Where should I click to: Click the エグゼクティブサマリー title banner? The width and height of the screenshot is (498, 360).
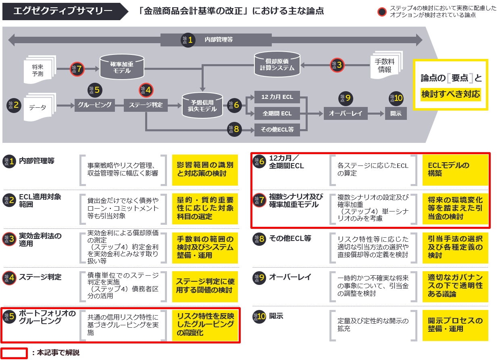coord(63,11)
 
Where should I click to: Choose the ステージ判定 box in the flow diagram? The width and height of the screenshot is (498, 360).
coord(146,105)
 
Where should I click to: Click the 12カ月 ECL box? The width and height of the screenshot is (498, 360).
coord(277,97)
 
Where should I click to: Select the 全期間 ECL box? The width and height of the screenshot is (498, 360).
coord(277,113)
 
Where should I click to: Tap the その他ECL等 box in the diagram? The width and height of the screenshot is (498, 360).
coord(277,130)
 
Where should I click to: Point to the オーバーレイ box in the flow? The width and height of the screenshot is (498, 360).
coord(346,113)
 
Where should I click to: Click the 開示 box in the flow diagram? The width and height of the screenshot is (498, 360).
coord(396,113)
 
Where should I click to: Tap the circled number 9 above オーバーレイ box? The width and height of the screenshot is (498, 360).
coord(346,98)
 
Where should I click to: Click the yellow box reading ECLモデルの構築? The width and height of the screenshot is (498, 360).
coord(455,170)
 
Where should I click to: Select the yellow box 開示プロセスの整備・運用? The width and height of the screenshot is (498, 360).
coord(455,325)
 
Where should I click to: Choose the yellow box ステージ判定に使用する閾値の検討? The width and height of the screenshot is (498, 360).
coord(205,286)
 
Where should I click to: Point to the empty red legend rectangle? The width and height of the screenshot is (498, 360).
coord(14,353)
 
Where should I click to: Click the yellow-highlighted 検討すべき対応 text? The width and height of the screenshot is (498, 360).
coord(450,94)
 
